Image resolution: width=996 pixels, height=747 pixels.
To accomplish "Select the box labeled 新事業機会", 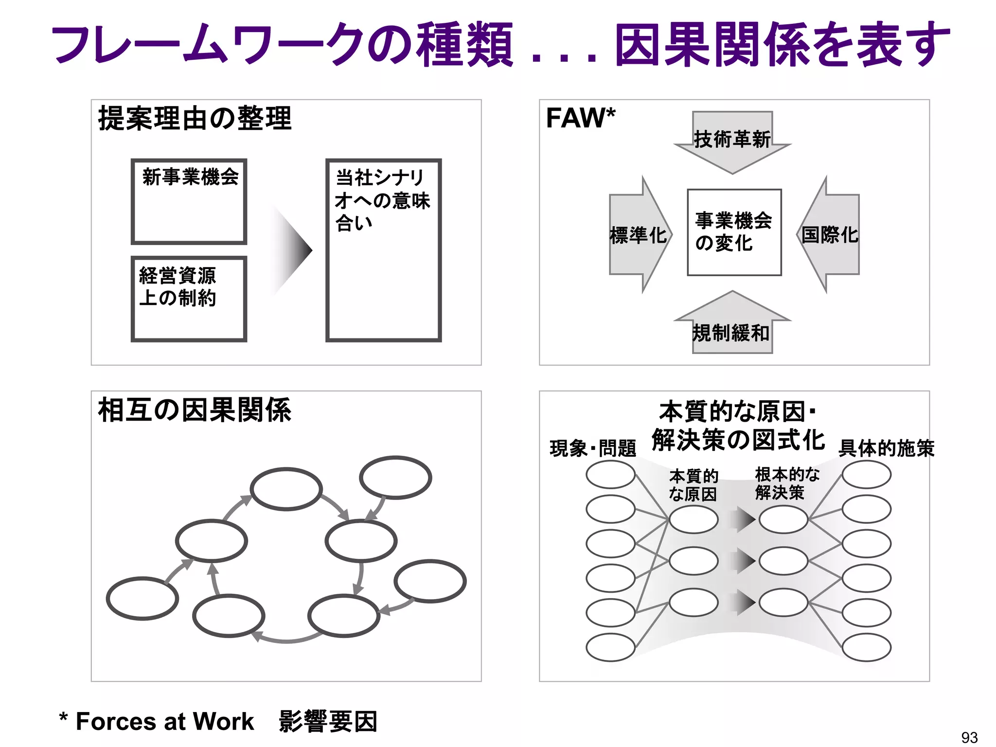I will [189, 201].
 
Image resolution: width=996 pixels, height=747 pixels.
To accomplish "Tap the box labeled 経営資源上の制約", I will [189, 299].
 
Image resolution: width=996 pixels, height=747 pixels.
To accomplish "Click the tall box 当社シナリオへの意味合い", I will [383, 250].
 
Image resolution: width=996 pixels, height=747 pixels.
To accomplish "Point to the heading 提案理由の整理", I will [195, 118].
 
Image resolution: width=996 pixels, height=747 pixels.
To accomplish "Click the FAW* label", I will [580, 118].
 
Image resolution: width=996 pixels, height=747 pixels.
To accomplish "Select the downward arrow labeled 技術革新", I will [732, 141].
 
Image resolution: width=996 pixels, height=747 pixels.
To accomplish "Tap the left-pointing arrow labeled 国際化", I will [829, 235].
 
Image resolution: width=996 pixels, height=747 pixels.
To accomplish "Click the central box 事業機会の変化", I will [734, 232].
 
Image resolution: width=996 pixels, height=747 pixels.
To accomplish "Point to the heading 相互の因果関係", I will [195, 410].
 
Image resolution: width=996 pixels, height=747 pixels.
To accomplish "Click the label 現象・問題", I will [593, 448].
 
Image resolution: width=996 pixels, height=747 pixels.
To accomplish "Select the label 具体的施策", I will [886, 448].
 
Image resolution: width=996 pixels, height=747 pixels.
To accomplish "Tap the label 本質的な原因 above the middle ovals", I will [693, 484].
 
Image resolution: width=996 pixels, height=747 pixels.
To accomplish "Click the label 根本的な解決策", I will [786, 483].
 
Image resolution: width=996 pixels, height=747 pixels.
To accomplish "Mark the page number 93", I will [969, 737].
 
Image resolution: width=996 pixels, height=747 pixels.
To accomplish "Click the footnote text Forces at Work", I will [164, 721].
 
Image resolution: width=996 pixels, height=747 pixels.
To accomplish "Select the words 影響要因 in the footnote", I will [328, 721].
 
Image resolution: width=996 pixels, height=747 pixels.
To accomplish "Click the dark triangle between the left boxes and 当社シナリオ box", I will [294, 250].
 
